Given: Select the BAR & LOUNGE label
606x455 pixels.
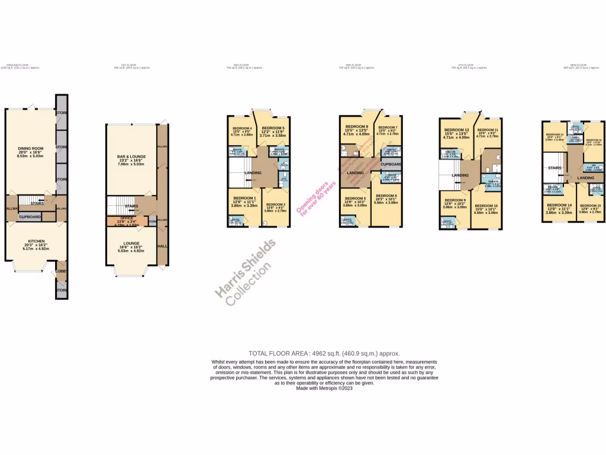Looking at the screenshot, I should (131, 156).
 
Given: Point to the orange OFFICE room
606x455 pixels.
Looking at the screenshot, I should (127, 221).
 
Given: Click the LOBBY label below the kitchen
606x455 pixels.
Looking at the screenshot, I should (61, 272).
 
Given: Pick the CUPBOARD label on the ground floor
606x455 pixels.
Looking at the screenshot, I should (30, 217).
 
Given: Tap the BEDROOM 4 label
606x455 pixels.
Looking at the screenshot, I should (243, 129).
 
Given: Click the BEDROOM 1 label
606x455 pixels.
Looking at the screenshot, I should (244, 198).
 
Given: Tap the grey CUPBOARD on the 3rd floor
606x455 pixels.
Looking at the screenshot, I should (391, 164).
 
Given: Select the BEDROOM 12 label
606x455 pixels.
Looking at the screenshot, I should (457, 130).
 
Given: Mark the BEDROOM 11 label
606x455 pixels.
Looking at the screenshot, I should (488, 130).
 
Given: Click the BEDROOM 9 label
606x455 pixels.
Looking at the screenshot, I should (455, 200).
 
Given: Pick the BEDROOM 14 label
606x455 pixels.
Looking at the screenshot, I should (559, 205).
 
